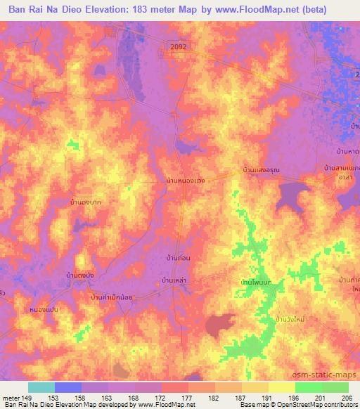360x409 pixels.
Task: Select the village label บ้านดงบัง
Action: (80, 274)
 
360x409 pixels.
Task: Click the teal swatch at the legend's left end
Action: (41, 387)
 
